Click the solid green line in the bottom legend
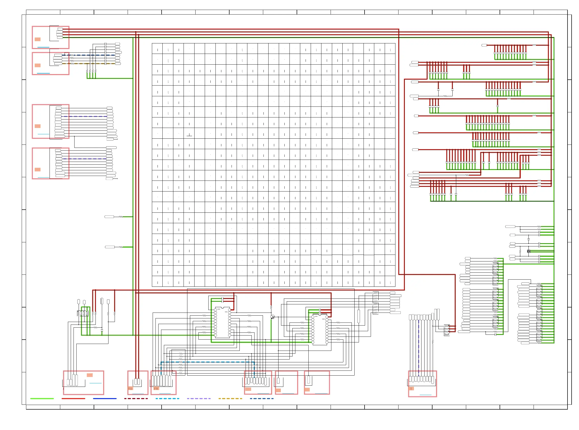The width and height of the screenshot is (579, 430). coord(42,399)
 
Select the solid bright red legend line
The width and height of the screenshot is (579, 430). coord(73,399)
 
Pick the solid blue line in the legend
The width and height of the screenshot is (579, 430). coord(105,399)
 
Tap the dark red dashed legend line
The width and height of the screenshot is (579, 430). coord(136,399)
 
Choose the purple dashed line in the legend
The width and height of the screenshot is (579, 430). coord(199,399)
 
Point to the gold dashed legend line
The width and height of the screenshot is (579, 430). coord(230,399)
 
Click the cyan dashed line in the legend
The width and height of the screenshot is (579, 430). coord(167,399)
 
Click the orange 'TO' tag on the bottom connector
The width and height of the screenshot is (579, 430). coord(130,389)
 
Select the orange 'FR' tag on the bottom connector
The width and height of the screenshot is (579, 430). coord(156,389)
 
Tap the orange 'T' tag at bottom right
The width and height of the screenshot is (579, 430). coord(411,389)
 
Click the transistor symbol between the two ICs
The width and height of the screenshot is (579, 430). coord(272,317)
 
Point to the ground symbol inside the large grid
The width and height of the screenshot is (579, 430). coord(189,135)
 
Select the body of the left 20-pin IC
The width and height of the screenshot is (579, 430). coord(222,323)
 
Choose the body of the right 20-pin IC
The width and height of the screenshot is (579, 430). coord(320,330)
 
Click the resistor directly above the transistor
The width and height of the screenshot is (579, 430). coord(271,307)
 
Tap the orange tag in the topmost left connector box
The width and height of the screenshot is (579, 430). coord(38,39)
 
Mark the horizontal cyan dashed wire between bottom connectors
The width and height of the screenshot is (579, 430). coord(208,362)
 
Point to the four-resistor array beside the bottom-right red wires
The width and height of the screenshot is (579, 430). coord(447,330)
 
